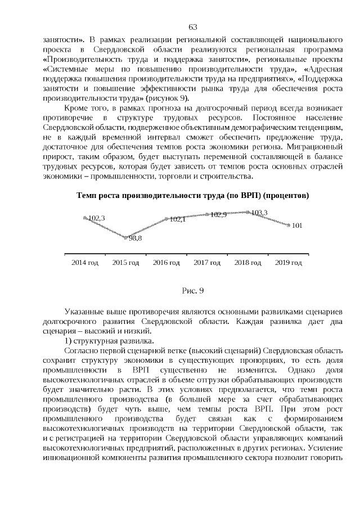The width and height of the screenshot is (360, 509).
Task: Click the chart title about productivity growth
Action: (x=192, y=196)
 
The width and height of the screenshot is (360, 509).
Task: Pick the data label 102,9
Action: (x=218, y=214)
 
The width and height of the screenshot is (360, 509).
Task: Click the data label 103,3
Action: (x=259, y=213)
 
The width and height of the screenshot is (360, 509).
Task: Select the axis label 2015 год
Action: (x=126, y=263)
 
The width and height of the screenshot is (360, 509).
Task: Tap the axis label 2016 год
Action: (x=166, y=263)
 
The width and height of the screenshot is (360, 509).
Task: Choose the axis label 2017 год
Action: (x=207, y=263)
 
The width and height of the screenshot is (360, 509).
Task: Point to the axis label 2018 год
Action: (x=247, y=263)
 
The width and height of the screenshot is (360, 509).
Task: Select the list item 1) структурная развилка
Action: (x=106, y=341)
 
